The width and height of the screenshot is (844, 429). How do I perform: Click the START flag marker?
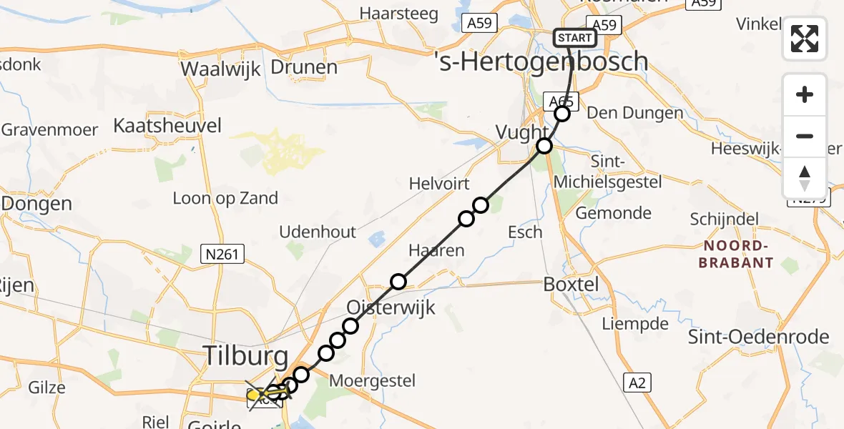tap(575, 38)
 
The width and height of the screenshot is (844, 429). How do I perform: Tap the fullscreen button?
tap(805, 39)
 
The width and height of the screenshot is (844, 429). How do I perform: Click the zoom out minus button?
tap(805, 136)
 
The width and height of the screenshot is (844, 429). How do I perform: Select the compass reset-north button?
tap(805, 178)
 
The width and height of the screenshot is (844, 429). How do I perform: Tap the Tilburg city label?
tap(246, 355)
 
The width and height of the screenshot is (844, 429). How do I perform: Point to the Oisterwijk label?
tap(391, 307)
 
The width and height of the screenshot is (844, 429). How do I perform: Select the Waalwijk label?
tap(221, 69)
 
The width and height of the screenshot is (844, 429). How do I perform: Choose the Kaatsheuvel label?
tap(167, 126)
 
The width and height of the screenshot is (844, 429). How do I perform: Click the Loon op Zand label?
tap(225, 198)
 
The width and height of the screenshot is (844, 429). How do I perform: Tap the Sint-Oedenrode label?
tap(759, 337)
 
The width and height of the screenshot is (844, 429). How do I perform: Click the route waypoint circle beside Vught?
tap(545, 146)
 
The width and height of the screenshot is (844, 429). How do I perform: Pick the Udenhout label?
tap(318, 232)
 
